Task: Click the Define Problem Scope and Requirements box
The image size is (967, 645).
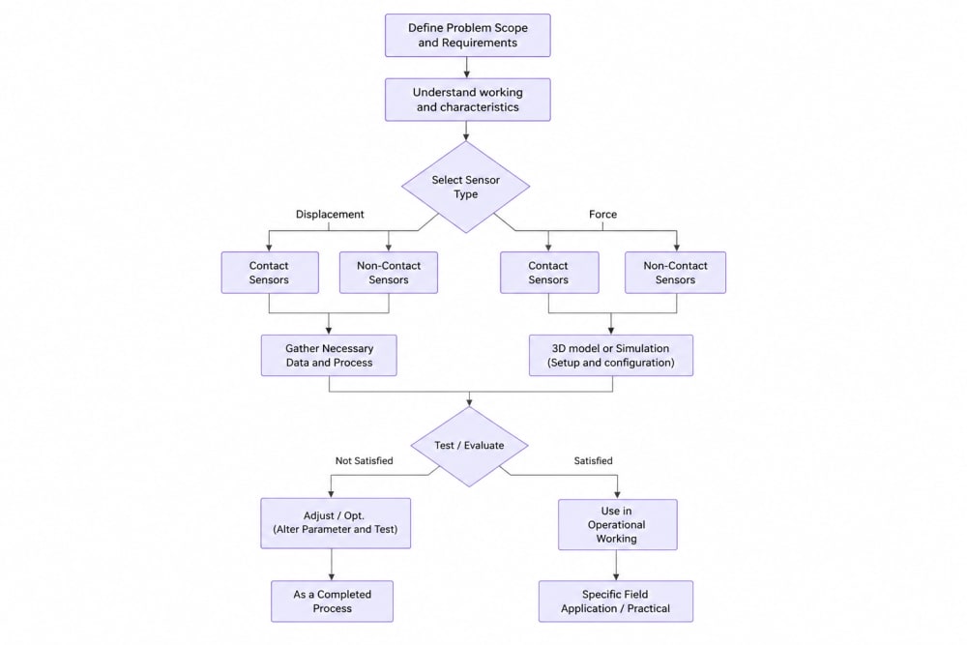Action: [467, 36]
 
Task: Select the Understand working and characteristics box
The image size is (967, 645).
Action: [467, 100]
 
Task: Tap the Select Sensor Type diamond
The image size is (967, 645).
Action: [466, 187]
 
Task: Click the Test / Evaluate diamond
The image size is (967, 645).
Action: [469, 446]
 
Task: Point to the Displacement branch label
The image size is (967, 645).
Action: [330, 215]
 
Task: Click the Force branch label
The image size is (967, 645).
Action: [602, 215]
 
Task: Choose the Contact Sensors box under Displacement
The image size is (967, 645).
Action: [270, 273]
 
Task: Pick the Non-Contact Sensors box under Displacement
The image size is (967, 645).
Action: [389, 273]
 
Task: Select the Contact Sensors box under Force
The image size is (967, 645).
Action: [549, 273]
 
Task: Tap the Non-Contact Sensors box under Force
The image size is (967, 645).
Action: [675, 273]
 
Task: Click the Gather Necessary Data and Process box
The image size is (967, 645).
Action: [329, 355]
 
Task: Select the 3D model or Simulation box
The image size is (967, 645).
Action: [611, 355]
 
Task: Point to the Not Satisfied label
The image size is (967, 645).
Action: [364, 460]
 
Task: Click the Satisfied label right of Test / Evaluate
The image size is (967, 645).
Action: [594, 460]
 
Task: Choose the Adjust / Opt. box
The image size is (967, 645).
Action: [336, 523]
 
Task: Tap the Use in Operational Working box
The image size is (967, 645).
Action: [617, 525]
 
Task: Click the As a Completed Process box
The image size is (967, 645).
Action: [332, 601]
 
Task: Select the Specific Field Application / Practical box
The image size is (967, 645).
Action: [615, 601]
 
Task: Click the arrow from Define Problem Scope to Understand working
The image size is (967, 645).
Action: [467, 68]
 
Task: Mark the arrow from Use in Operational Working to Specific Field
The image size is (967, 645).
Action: [616, 566]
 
